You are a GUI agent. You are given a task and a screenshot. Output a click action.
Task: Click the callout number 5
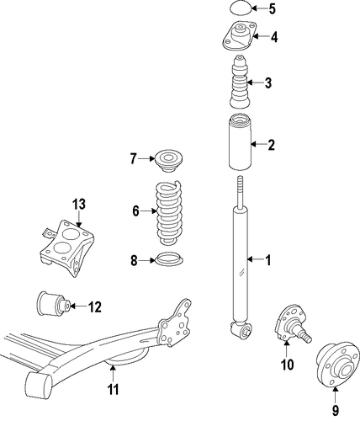[x=272, y=9]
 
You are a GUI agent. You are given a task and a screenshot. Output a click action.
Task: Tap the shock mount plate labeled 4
[x=239, y=36]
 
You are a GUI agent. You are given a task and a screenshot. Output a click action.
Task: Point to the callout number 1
[x=268, y=260]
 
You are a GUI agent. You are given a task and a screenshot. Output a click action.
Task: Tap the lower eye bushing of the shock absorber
[x=242, y=329]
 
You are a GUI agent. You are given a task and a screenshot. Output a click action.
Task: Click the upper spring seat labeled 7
[x=168, y=161]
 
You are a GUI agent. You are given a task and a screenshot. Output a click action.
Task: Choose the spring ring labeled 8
[x=169, y=258]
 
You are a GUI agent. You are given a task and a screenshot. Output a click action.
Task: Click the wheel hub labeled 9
[x=337, y=367]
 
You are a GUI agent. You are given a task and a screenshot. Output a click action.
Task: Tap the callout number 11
[x=113, y=389]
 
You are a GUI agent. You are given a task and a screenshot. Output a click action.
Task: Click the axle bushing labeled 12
[x=54, y=304]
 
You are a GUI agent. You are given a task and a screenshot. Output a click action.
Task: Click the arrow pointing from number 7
[x=146, y=159]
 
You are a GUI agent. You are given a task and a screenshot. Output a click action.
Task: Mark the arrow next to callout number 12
[x=77, y=306]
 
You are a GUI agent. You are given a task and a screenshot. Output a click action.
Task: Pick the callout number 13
[x=79, y=204]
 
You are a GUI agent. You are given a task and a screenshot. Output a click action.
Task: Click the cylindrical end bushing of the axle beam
[x=39, y=384]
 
